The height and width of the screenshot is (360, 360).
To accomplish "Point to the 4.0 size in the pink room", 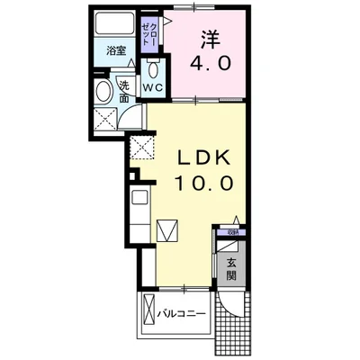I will (x=209, y=65).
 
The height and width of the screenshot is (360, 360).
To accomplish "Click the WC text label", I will (x=152, y=88).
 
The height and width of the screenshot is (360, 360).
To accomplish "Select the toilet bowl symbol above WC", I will (x=153, y=70).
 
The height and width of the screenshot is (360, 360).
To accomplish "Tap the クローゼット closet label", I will (x=148, y=39).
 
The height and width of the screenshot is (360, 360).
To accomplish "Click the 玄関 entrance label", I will (x=231, y=271).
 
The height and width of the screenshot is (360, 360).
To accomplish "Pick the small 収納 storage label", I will (x=232, y=231).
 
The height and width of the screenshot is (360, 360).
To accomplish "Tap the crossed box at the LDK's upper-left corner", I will (x=143, y=149).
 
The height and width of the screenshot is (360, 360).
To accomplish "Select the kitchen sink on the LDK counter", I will (x=140, y=199).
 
